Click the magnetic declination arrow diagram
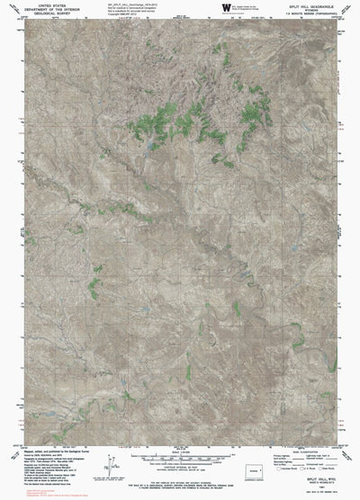(112, 466)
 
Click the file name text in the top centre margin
(135, 4)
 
